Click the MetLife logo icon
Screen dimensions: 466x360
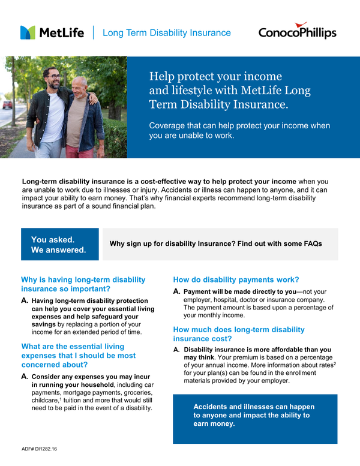point(28,32)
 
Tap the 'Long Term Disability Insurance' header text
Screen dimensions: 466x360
point(166,33)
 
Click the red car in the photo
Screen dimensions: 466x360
point(7,105)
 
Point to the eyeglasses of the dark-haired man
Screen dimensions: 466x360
point(53,77)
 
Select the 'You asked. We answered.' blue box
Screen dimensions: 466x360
point(59,244)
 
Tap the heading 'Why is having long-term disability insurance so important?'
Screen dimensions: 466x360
point(83,285)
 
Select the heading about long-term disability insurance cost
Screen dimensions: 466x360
point(239,335)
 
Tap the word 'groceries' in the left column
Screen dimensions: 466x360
point(137,392)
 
